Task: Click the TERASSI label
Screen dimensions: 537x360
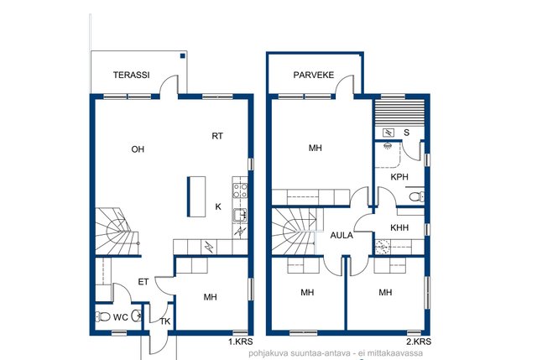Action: (x=132, y=75)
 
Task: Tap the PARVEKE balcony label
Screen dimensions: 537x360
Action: (x=313, y=75)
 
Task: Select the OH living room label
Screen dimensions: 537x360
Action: (x=138, y=149)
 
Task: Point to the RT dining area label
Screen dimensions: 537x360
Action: (x=217, y=136)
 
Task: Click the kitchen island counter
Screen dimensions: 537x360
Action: (x=196, y=196)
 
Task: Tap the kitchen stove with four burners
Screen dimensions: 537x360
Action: (x=240, y=190)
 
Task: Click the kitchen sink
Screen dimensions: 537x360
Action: (x=240, y=216)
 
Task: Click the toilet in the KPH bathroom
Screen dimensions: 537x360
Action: (x=416, y=196)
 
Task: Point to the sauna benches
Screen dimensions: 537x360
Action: (x=399, y=113)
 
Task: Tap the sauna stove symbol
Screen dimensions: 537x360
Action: (x=388, y=133)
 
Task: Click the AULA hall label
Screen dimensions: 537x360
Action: (x=341, y=235)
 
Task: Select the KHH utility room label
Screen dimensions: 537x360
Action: (x=399, y=227)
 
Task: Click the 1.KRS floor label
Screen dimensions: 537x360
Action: (x=241, y=342)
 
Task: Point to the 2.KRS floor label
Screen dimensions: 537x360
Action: (x=419, y=342)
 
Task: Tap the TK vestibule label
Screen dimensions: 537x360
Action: (x=165, y=321)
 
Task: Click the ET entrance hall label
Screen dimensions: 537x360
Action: (x=143, y=282)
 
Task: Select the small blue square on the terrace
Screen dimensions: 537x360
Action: (x=183, y=56)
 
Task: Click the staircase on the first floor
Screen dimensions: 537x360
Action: (x=117, y=232)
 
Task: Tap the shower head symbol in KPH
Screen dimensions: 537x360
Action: (x=388, y=145)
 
